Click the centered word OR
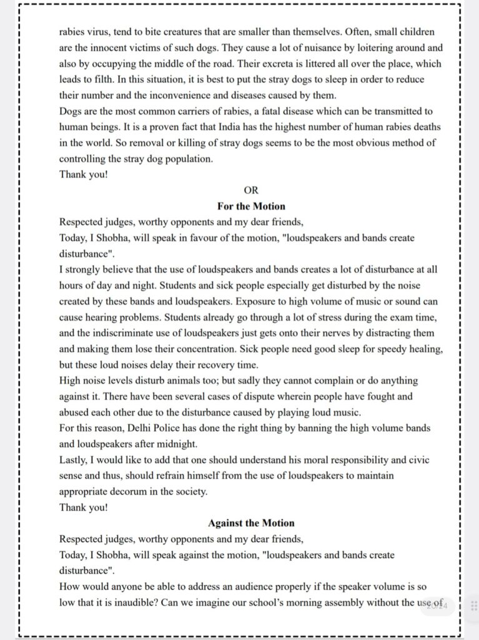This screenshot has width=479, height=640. pos(251,191)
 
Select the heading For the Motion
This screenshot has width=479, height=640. pos(251,206)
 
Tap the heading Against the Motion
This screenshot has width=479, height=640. pos(251,523)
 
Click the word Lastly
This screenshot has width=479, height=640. pos(73,460)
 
